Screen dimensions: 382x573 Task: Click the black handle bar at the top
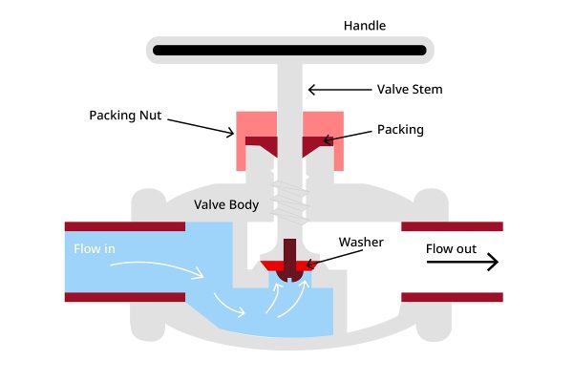tap(286, 48)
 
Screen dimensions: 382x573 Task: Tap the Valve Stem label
tap(411, 90)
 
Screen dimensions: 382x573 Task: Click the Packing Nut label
tap(125, 116)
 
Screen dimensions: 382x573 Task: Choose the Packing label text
tap(400, 128)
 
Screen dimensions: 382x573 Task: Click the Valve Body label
tap(226, 204)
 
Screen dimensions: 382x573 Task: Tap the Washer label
tap(360, 243)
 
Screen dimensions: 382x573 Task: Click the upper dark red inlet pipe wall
tap(124, 226)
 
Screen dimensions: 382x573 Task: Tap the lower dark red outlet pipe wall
tap(452, 297)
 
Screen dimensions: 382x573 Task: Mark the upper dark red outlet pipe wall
tap(452, 226)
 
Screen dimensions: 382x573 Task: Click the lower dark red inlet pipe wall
tap(124, 297)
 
